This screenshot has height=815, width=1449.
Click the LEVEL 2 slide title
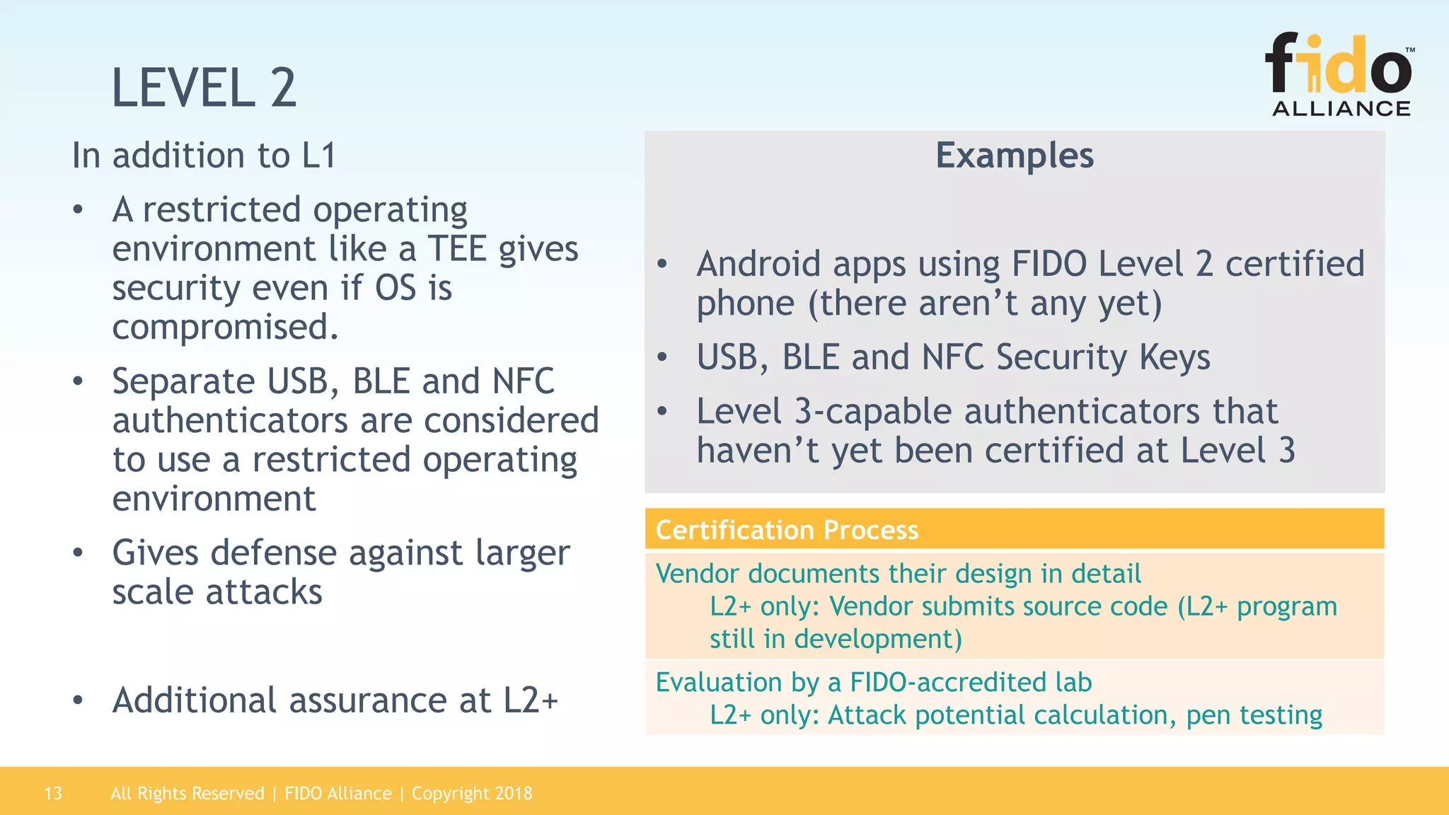point(204,88)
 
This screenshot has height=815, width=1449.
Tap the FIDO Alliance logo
point(1340,75)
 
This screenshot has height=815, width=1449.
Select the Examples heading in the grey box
point(1014,156)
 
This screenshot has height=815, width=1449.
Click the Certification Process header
point(787,530)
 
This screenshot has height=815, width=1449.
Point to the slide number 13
point(53,793)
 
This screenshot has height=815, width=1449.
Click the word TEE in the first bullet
point(457,249)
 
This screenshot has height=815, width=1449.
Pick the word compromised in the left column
point(225,327)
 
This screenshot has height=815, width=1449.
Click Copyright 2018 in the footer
point(472,793)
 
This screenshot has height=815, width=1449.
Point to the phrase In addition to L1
point(204,156)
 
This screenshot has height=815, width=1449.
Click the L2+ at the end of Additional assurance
point(531,700)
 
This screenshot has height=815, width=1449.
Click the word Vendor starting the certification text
point(698,574)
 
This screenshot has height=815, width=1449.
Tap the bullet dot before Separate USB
point(78,382)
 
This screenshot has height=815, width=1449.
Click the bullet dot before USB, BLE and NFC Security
point(662,357)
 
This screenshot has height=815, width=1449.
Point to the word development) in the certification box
point(878,639)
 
